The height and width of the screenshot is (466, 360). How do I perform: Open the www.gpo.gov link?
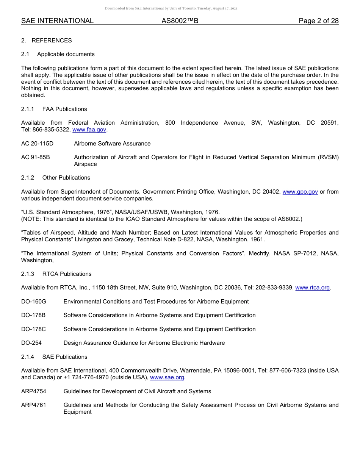pyautogui.click(x=300, y=192)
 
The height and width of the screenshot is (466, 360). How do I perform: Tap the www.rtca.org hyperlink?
pyautogui.click(x=312, y=288)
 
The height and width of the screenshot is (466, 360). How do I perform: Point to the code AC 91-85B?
pyautogui.click(x=35, y=157)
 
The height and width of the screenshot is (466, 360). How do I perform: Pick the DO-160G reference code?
pyautogui.click(x=33, y=302)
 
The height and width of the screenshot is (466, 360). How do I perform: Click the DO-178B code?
pyautogui.click(x=33, y=315)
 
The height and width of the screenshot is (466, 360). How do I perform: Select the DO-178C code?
pyautogui.click(x=33, y=329)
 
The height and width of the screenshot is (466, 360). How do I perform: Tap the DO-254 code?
pyautogui.click(x=31, y=343)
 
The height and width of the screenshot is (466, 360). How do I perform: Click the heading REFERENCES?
pyautogui.click(x=52, y=41)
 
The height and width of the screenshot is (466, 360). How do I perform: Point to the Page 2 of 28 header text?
pyautogui.click(x=318, y=21)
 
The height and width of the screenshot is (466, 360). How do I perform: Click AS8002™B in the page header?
pyautogui.click(x=180, y=21)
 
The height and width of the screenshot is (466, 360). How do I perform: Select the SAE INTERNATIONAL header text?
pyautogui.click(x=57, y=21)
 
